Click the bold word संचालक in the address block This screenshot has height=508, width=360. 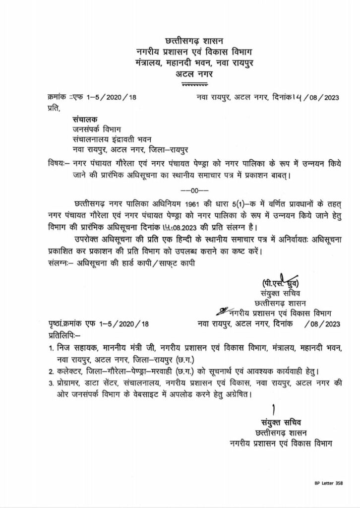pos(84,120)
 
